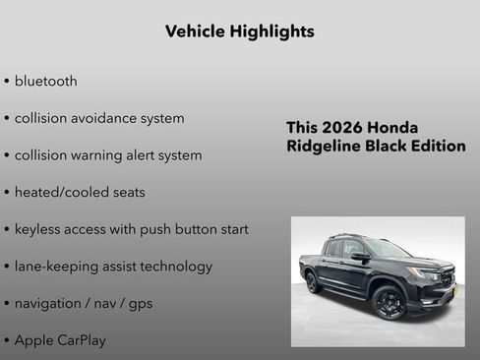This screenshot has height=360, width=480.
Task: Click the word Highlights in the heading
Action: pyautogui.click(x=270, y=31)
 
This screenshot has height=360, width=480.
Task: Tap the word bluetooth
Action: pyautogui.click(x=45, y=81)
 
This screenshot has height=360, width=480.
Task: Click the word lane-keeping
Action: pyautogui.click(x=54, y=267)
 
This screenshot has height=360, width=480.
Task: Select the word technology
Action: pyautogui.click(x=176, y=267)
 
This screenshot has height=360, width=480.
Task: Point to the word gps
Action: pyautogui.click(x=139, y=303)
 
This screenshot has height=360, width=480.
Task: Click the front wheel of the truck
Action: pyautogui.click(x=389, y=302)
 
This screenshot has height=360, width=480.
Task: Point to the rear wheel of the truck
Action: pyautogui.click(x=314, y=282)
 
